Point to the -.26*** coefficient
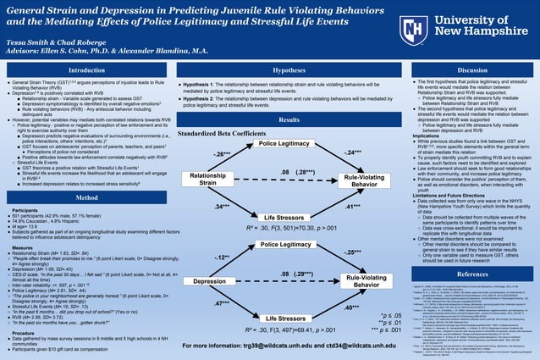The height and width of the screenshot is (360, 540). pos(223,154)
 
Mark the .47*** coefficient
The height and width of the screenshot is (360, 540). pos(224,303)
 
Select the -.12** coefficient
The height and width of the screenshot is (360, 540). pos(222,256)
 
